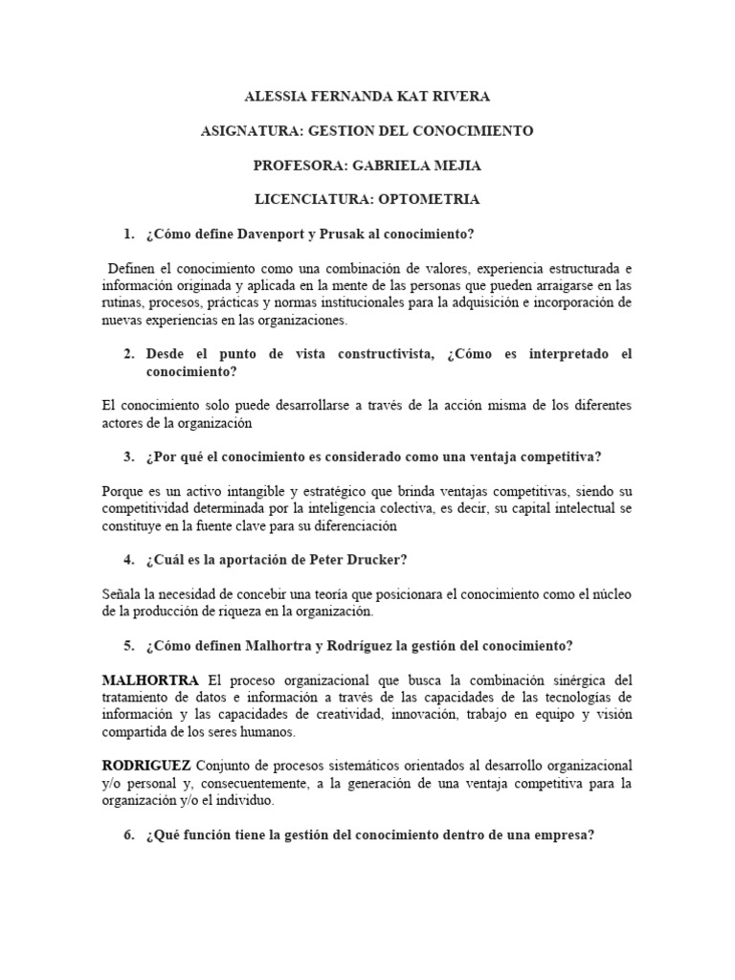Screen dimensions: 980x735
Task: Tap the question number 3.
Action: click(128, 456)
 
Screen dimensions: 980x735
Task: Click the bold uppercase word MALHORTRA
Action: click(151, 680)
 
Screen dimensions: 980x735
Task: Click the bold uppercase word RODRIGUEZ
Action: click(147, 767)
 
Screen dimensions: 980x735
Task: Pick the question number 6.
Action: click(128, 835)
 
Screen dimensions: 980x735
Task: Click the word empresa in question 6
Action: click(564, 835)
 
